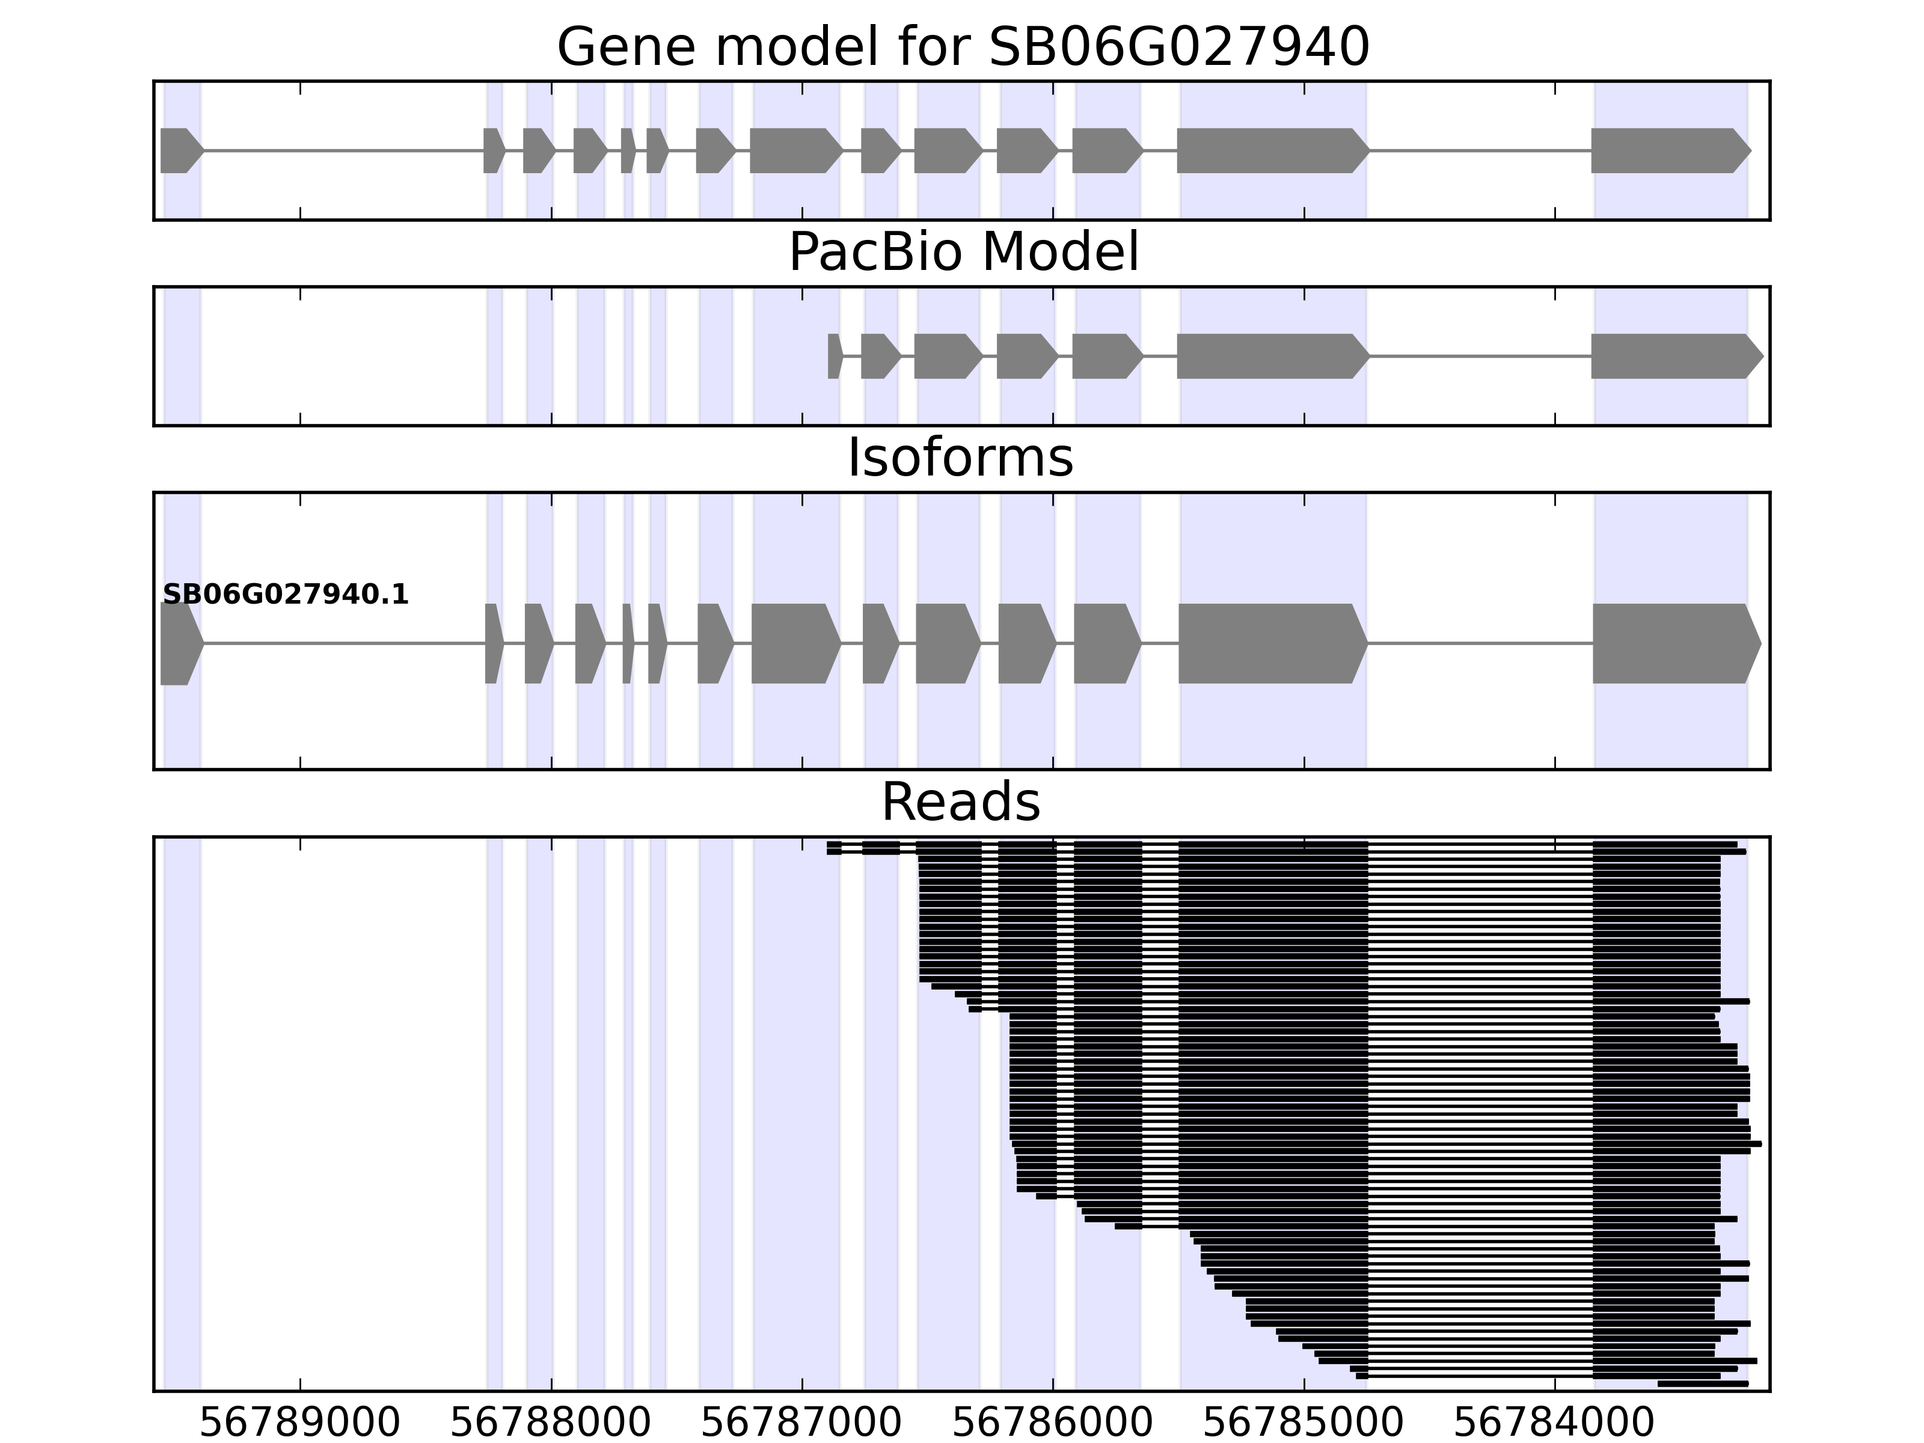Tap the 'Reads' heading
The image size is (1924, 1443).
click(x=960, y=802)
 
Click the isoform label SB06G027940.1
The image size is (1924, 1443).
click(x=286, y=595)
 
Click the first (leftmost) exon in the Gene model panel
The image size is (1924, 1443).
click(x=179, y=150)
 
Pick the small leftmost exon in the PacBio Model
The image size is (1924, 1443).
click(x=834, y=356)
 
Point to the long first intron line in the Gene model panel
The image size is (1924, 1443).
click(x=343, y=150)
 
